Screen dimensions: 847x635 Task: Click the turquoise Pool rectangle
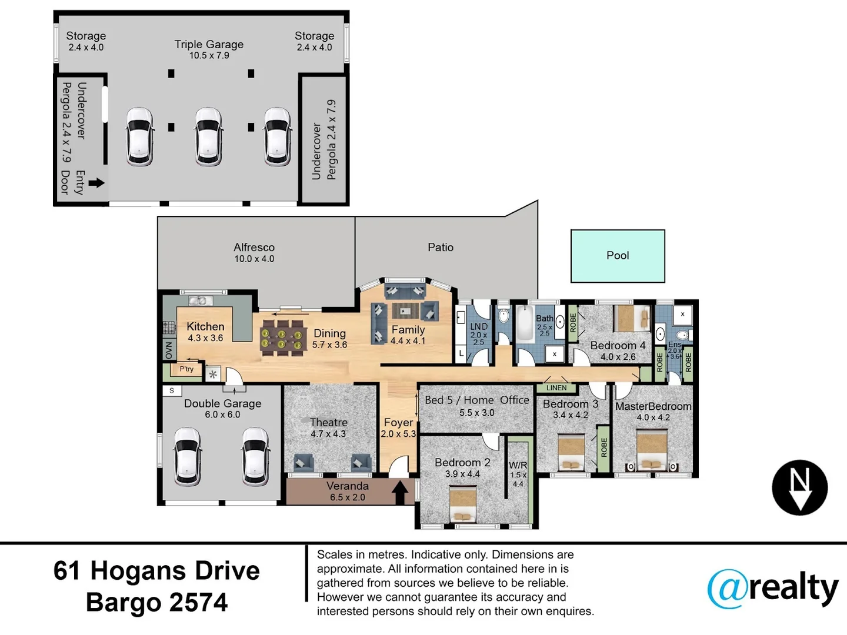pyautogui.click(x=618, y=256)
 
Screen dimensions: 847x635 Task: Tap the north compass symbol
pyautogui.click(x=799, y=487)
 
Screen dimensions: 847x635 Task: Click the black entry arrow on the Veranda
pyautogui.click(x=400, y=492)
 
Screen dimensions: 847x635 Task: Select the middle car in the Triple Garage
pyautogui.click(x=208, y=137)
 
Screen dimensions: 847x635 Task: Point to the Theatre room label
pyautogui.click(x=329, y=422)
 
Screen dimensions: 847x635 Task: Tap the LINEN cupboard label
pyautogui.click(x=556, y=388)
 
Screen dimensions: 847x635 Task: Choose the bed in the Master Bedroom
pyautogui.click(x=652, y=450)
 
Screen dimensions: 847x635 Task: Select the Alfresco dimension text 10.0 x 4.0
pyautogui.click(x=254, y=259)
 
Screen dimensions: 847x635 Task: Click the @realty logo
pyautogui.click(x=772, y=589)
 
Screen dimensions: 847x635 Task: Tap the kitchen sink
pyautogui.click(x=200, y=300)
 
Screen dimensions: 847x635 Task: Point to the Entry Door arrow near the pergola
pyautogui.click(x=96, y=183)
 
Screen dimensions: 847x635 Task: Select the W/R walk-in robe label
pyautogui.click(x=518, y=465)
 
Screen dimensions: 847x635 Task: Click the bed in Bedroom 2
pyautogui.click(x=463, y=504)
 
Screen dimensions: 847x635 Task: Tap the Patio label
pyautogui.click(x=441, y=247)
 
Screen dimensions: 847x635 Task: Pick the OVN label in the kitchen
pyautogui.click(x=169, y=350)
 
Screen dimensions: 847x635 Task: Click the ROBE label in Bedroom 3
pyautogui.click(x=604, y=447)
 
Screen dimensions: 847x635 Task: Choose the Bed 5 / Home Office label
pyautogui.click(x=477, y=400)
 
